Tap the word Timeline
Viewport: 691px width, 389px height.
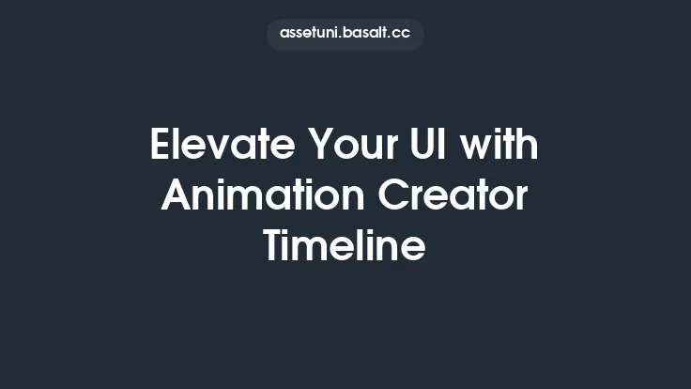[345, 246]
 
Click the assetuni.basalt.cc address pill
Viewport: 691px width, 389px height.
[345, 34]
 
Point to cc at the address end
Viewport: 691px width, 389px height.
[401, 34]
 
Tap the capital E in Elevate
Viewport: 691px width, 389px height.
[161, 148]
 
